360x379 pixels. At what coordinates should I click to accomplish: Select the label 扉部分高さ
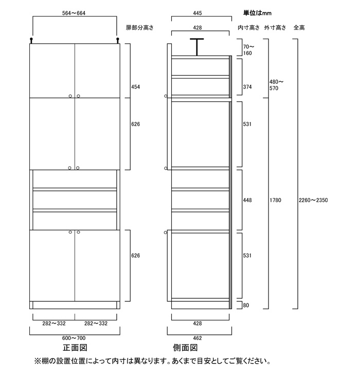pos(140,27)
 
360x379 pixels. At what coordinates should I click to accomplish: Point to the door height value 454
pos(136,87)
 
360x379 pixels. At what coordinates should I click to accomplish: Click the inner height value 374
pos(247,87)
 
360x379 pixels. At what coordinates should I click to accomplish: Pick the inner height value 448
pos(247,200)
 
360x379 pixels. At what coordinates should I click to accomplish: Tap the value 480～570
pos(277,85)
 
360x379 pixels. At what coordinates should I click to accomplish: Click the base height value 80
pos(246,305)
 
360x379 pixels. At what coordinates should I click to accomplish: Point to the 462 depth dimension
pos(197,338)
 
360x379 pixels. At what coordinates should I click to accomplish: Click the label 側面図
pos(184,349)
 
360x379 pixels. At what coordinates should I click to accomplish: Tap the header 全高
pos(299,27)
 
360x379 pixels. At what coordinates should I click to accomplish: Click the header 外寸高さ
pos(275,27)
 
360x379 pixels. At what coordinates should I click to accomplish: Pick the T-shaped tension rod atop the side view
pos(197,46)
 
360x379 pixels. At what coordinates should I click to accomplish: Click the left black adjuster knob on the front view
pos(32,40)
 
